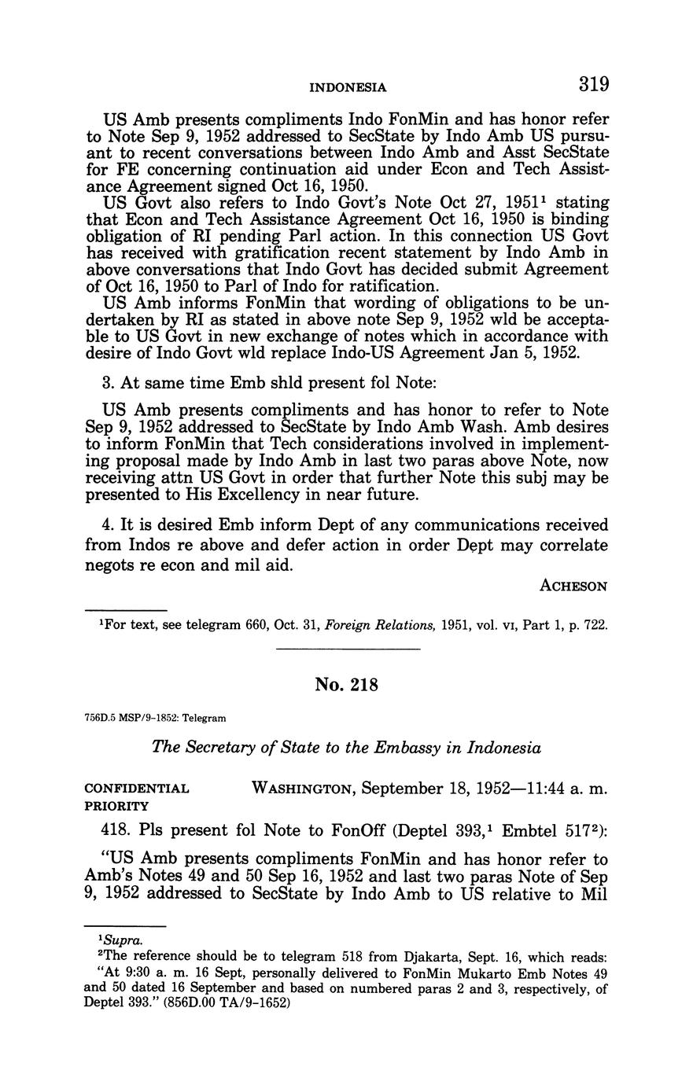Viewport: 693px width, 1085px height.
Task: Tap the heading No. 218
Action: pos(346,685)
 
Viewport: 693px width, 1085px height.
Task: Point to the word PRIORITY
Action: pos(116,806)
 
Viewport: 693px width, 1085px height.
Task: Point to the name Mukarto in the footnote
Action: pos(408,973)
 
